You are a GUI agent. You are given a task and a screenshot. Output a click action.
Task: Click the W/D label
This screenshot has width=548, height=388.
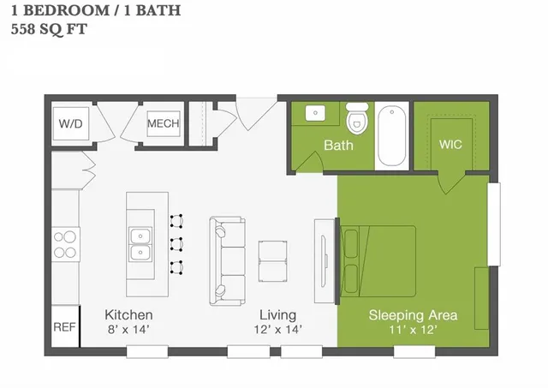(71, 124)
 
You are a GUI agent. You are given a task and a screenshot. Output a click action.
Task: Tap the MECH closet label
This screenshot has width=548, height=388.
(163, 124)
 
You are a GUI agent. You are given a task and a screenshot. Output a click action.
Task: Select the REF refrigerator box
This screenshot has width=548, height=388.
(64, 327)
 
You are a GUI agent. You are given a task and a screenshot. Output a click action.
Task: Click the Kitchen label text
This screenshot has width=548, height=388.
(128, 314)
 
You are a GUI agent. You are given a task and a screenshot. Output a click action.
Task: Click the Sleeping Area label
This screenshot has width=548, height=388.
(413, 314)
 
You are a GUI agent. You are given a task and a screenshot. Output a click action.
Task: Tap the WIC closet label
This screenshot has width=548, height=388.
(450, 144)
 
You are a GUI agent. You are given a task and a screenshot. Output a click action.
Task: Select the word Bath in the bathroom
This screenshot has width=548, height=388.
(338, 145)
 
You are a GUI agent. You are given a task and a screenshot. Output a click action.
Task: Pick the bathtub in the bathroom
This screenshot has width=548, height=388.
(394, 135)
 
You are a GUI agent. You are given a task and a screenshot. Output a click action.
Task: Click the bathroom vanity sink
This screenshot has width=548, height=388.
(314, 113)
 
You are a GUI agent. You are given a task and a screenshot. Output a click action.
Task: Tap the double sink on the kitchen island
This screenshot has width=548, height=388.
(141, 243)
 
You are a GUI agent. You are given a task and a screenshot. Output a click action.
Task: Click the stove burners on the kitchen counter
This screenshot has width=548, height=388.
(65, 243)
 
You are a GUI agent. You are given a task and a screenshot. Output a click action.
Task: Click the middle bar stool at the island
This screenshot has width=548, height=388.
(178, 243)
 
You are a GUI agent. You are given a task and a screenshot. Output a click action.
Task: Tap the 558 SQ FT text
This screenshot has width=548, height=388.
(49, 28)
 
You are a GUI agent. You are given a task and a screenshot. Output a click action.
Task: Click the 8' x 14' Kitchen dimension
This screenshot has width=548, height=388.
(128, 329)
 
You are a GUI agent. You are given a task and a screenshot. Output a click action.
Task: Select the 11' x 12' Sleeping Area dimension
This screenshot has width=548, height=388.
(413, 329)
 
